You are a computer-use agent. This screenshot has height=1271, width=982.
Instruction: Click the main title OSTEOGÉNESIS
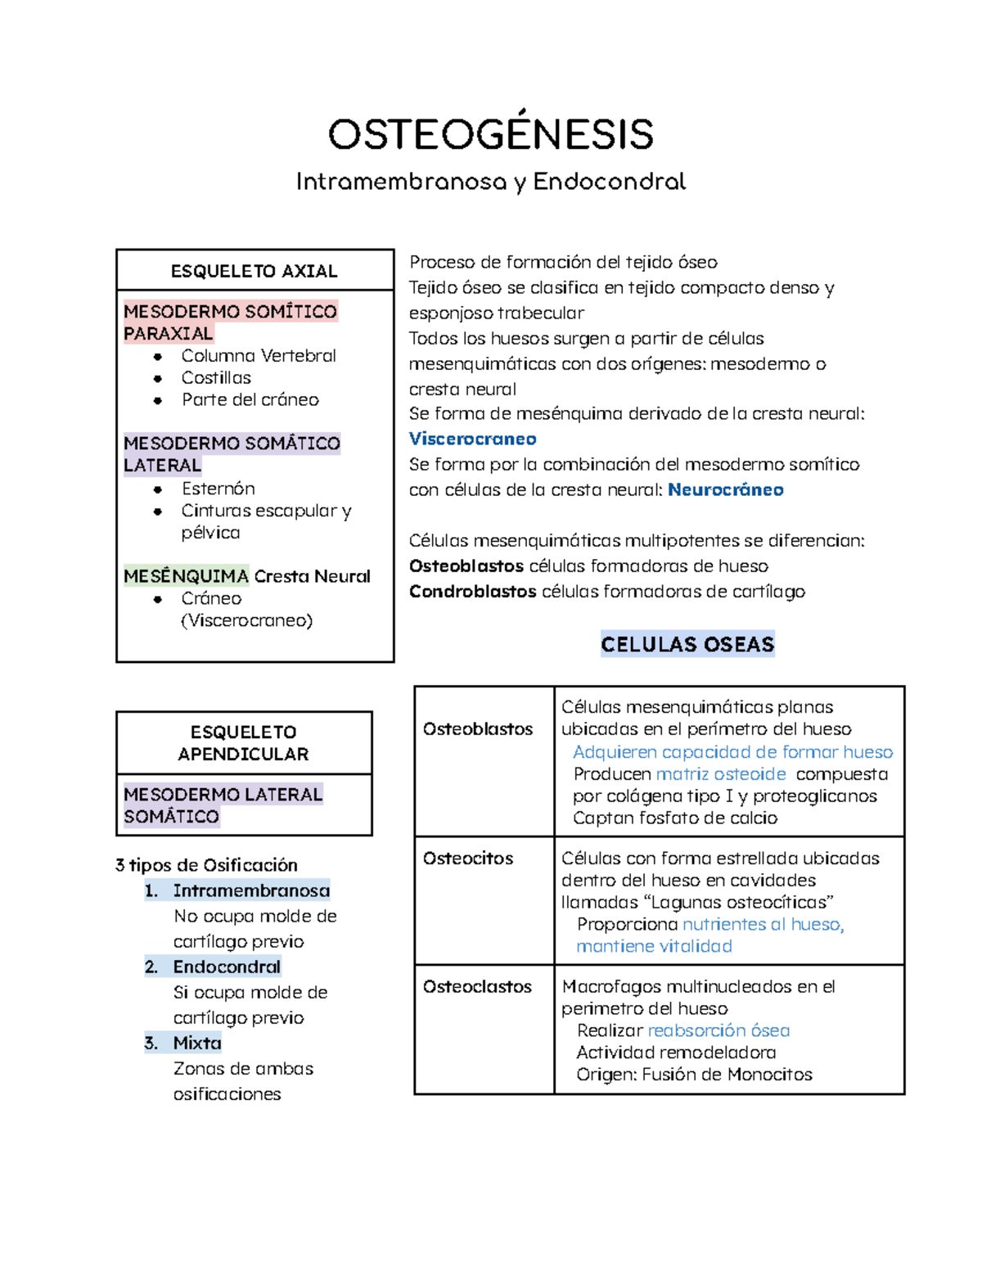tap(490, 135)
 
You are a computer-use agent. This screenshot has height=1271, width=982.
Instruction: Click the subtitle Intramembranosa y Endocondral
tap(490, 182)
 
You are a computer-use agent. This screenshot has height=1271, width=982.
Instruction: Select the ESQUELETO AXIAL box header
tap(254, 271)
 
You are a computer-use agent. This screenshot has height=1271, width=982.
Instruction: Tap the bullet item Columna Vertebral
tap(258, 356)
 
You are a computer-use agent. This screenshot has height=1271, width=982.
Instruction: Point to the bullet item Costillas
tap(216, 378)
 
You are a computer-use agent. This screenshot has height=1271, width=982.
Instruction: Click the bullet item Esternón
tap(218, 489)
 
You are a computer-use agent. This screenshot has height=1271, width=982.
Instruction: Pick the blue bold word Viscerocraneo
tap(472, 439)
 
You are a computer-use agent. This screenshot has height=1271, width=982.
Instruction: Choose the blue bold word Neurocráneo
tap(725, 489)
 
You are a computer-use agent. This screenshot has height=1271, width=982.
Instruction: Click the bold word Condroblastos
tap(472, 591)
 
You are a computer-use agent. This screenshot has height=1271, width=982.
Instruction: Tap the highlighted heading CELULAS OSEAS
tap(687, 644)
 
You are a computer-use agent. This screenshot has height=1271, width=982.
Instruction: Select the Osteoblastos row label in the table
tap(478, 729)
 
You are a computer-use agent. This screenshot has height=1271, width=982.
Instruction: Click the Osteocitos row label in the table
tap(468, 859)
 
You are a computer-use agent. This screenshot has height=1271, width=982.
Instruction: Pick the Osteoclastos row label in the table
tap(477, 987)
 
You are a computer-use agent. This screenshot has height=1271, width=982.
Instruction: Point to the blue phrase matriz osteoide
tap(720, 774)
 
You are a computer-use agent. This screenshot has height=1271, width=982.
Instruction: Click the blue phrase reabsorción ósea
tap(718, 1030)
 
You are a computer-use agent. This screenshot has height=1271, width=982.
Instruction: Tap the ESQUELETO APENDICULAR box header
tap(243, 743)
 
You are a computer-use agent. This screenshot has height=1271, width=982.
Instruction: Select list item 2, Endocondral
tap(226, 967)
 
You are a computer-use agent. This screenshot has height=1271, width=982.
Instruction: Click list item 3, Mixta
tap(196, 1043)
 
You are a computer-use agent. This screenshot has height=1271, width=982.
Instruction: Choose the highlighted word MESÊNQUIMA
tap(186, 576)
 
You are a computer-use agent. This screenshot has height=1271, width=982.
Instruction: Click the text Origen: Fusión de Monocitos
tap(694, 1075)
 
